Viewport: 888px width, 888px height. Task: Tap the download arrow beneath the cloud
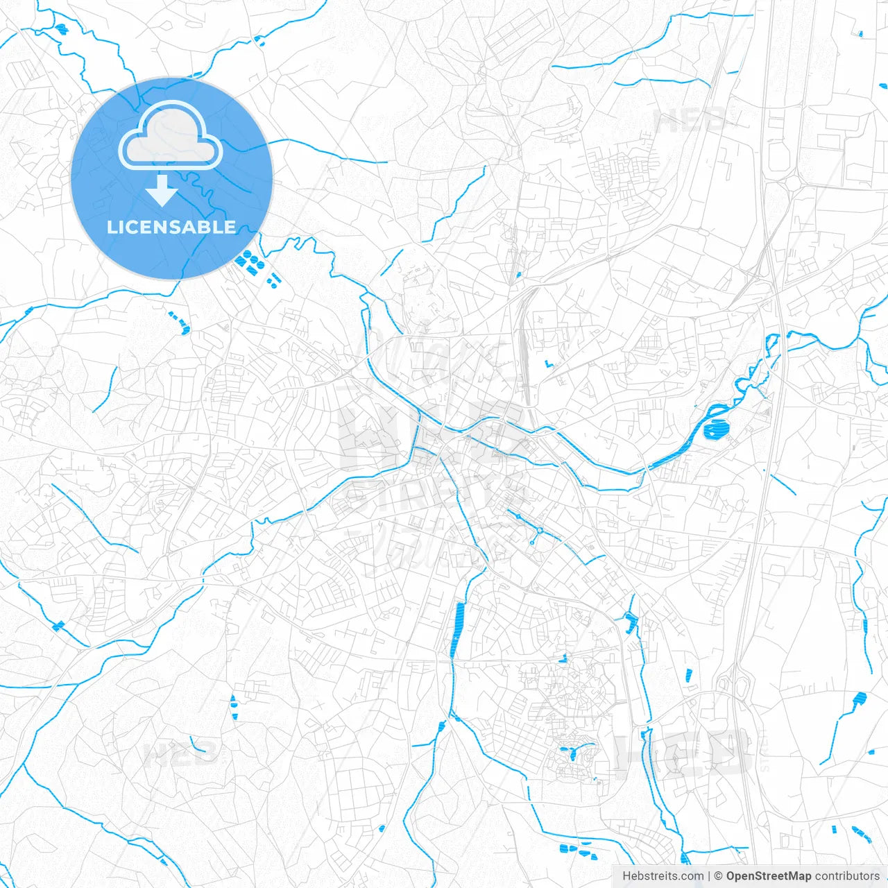[x=162, y=191]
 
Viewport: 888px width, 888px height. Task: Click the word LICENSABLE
[x=171, y=227]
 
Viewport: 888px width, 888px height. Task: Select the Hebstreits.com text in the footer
[x=663, y=876]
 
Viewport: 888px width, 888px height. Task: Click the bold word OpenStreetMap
[x=768, y=876]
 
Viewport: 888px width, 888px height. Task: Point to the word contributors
[x=846, y=876]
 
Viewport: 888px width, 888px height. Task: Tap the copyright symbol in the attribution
[x=718, y=876]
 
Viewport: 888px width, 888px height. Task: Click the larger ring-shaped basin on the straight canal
[x=540, y=531]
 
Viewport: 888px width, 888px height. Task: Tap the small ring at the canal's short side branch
[x=531, y=542]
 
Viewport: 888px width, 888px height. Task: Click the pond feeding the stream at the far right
[x=860, y=699]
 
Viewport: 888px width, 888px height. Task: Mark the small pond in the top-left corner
[x=62, y=28]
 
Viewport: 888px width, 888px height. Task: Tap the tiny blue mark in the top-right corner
[x=860, y=33]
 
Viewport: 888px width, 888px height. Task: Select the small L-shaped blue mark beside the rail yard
[x=549, y=364]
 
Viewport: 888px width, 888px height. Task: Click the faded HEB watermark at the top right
[x=689, y=121]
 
